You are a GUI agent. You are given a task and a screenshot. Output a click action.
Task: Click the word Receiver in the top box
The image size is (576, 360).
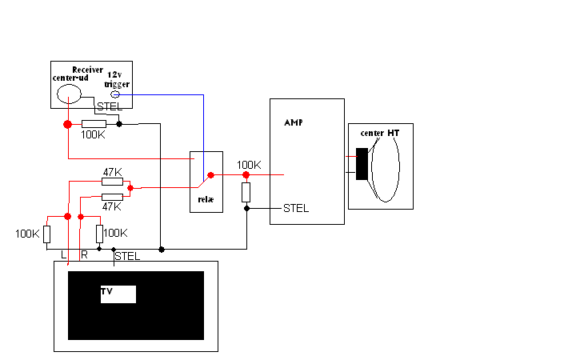87,70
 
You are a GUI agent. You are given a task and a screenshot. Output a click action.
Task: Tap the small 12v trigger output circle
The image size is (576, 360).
115,94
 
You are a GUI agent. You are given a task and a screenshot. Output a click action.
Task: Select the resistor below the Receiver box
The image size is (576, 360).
94,124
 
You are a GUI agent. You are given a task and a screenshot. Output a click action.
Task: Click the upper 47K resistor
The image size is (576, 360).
112,182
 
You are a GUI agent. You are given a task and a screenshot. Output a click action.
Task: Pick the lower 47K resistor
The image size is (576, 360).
112,197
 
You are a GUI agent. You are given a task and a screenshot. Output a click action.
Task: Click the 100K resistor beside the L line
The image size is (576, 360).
46,234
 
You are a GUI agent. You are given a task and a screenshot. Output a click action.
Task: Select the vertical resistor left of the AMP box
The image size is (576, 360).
246,192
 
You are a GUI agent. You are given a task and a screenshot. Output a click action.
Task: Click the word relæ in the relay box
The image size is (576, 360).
206,199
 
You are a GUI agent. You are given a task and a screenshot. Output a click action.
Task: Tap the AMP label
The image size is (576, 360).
294,122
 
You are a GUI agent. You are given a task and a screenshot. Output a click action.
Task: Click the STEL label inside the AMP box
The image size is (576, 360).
296,208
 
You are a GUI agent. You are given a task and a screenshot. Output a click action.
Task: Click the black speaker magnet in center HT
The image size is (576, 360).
362,164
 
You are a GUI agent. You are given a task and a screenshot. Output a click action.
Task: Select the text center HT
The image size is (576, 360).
380,133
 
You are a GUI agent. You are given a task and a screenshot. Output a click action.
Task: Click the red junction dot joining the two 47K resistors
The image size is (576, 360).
130,188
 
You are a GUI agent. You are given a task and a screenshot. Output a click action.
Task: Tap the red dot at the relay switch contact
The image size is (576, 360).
210,175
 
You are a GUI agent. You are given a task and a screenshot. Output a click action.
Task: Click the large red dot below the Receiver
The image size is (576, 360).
67,125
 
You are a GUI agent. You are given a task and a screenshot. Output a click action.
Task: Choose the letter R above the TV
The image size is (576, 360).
85,254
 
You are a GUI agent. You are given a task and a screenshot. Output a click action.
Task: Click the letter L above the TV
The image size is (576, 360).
63,254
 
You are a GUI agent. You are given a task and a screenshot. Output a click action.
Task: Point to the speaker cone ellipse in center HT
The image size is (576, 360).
400,167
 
